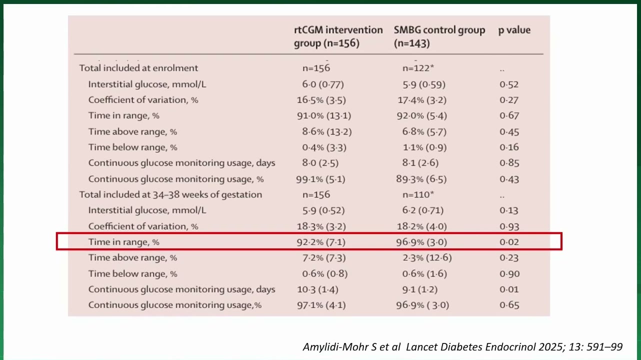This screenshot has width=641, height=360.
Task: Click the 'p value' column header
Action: click(514, 30)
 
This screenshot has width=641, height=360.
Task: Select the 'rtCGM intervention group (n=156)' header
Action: click(338, 36)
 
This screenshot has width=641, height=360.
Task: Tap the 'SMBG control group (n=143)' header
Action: click(439, 36)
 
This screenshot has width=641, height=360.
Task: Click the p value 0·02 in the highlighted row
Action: click(509, 242)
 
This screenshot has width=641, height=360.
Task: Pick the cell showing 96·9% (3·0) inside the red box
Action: click(421, 242)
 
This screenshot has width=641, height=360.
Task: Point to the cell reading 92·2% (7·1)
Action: click(321, 242)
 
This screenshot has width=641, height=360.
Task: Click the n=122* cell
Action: click(418, 68)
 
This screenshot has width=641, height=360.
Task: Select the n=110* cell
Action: click(418, 194)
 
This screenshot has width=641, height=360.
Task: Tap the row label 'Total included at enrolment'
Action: click(138, 68)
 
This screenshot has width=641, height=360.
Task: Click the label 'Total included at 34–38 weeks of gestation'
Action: click(170, 194)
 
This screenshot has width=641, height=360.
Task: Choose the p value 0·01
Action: click(509, 289)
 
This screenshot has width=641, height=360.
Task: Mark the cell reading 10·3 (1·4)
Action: click(317, 289)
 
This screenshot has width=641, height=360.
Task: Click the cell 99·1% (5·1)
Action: click(320, 179)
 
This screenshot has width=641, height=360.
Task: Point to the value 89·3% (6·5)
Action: click(421, 179)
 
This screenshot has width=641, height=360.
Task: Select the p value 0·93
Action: click(509, 226)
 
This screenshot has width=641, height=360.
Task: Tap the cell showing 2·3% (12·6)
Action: click(427, 258)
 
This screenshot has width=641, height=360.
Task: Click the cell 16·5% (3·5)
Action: click(321, 100)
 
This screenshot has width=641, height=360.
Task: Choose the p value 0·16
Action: click(509, 147)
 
